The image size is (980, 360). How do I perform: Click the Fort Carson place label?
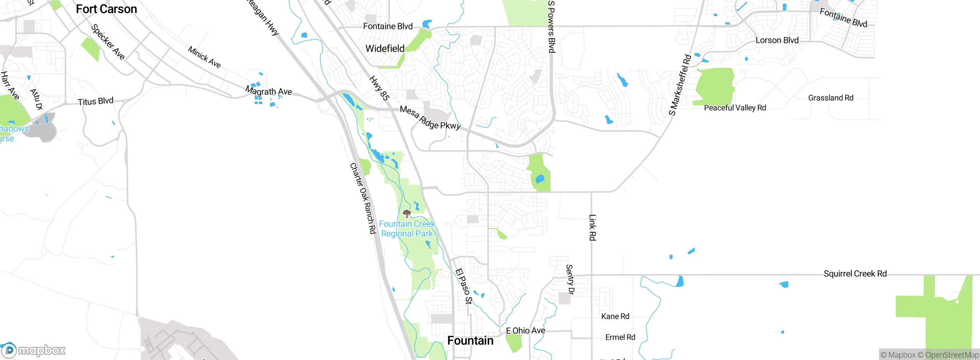106,9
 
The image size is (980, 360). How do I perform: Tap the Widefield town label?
385,49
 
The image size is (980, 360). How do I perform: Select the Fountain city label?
470,340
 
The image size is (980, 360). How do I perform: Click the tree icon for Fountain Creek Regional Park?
407,213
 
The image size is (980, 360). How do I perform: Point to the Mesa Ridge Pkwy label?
430,118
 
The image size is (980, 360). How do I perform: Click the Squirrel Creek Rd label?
855,274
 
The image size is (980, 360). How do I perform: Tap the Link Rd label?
592,227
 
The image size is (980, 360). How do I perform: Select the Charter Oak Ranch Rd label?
363,198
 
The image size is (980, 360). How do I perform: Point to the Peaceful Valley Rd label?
735,108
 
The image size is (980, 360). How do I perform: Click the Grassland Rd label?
831,98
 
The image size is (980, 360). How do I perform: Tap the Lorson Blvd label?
777,41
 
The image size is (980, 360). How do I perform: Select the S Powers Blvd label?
551,27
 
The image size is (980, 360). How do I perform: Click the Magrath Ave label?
268,92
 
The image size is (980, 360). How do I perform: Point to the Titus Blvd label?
96,101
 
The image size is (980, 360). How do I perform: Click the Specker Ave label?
108,42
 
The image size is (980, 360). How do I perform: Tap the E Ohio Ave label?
525,331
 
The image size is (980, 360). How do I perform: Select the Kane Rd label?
615,316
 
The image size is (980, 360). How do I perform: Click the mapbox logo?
34,350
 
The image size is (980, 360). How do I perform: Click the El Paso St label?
464,286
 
